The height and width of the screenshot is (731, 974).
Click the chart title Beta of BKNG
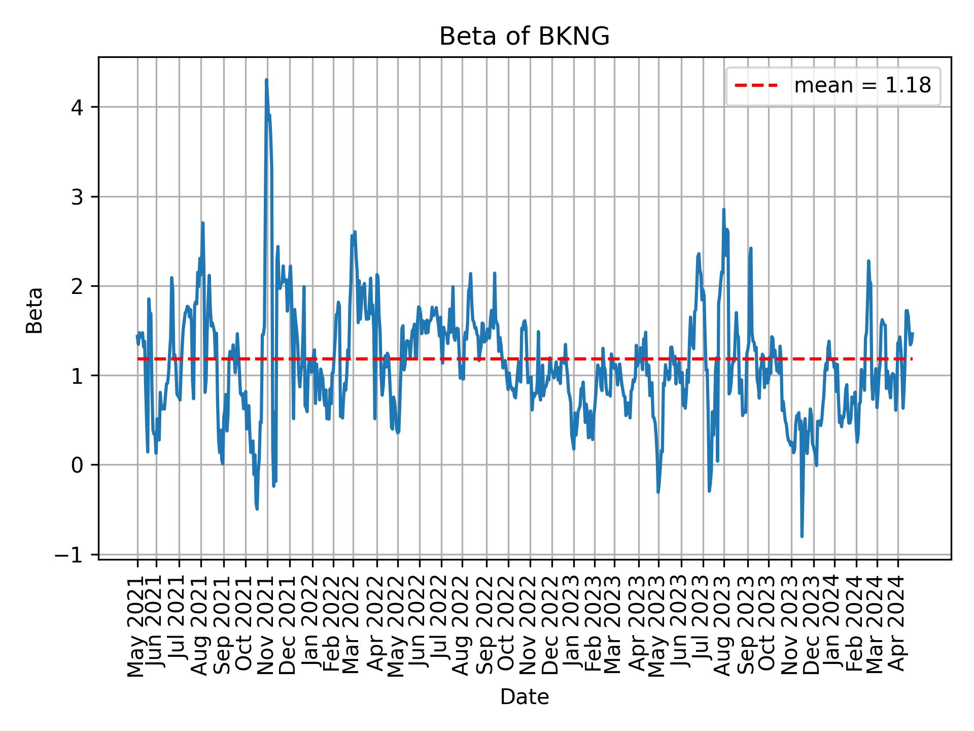(x=524, y=37)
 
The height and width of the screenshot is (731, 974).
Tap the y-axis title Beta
(x=34, y=310)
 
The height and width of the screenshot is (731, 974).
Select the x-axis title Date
(x=524, y=697)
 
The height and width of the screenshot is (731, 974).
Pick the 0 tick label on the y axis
(x=78, y=465)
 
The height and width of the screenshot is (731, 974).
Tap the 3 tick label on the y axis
(x=78, y=197)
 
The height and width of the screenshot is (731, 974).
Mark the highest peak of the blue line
(x=266, y=80)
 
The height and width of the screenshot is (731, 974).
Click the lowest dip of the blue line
(x=802, y=536)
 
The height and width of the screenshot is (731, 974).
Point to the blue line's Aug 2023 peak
(x=724, y=209)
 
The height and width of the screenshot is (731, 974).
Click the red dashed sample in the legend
(x=756, y=86)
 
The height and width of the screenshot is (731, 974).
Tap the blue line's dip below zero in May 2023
(x=658, y=492)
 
